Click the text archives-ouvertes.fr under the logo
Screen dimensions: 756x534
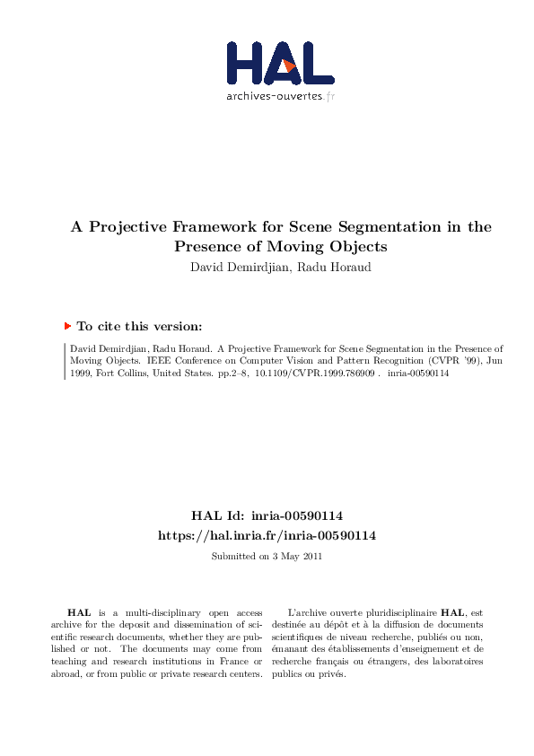(280, 95)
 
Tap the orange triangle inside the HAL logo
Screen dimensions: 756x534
(288, 65)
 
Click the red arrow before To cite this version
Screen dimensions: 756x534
(67, 327)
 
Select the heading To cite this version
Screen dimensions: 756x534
(139, 327)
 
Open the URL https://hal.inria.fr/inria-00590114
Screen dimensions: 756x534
(267, 535)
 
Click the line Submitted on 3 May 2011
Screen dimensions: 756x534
(267, 557)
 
